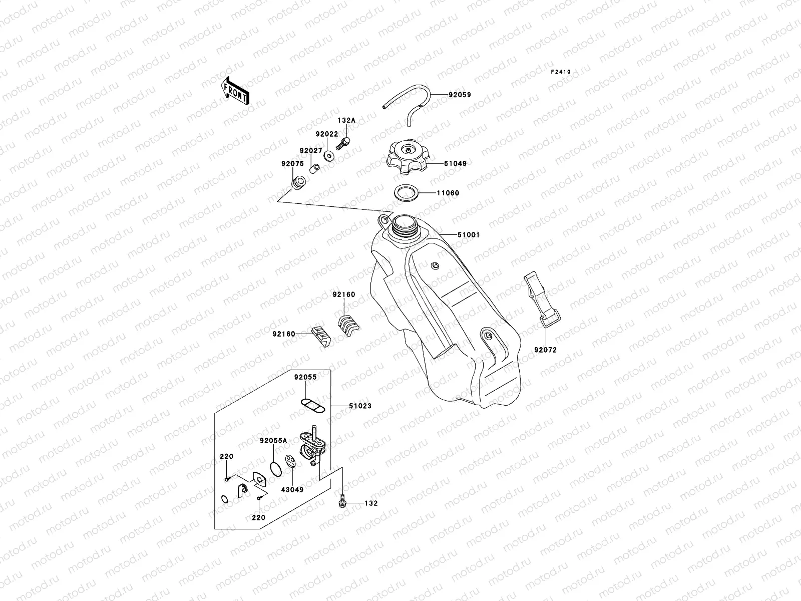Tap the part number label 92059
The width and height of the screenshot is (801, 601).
[x=459, y=95]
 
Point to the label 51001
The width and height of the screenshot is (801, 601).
[x=468, y=234]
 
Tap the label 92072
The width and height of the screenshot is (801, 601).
[x=545, y=350]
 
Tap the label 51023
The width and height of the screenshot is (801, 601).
[x=360, y=406]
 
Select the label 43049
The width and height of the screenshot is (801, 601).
[x=292, y=489]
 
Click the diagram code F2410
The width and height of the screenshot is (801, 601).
[x=561, y=72]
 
